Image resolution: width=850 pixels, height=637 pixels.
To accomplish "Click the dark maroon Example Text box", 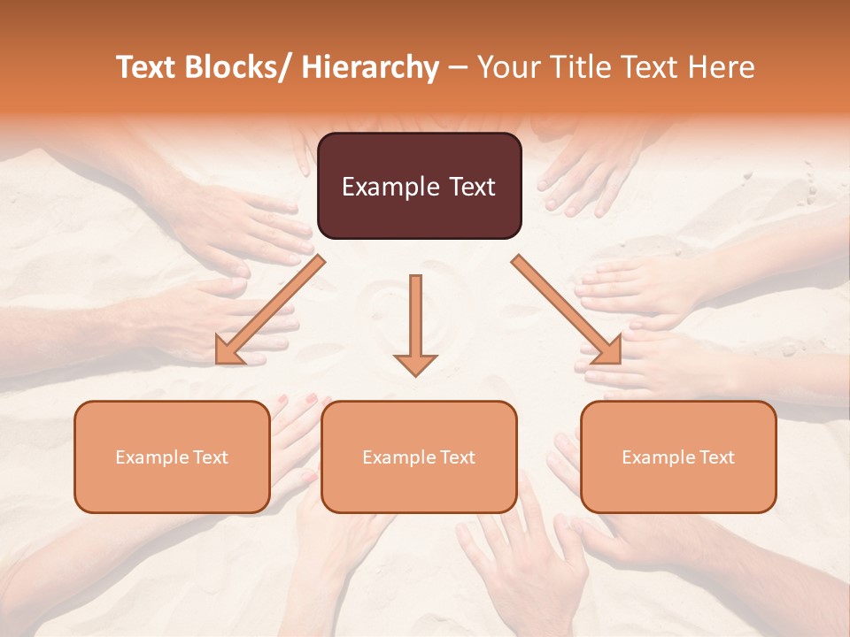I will click(419, 186).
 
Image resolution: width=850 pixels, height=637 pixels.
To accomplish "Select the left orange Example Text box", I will click(172, 457).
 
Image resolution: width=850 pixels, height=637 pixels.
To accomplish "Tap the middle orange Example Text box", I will click(419, 457).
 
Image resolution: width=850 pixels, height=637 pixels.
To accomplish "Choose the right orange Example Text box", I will click(678, 457).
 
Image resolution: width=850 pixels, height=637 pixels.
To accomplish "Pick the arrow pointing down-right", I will click(568, 310).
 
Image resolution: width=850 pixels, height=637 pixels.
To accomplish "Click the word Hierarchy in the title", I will click(370, 68).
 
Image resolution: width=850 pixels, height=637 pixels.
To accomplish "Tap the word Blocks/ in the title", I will click(243, 68).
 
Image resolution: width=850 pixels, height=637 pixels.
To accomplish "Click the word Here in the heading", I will click(720, 68).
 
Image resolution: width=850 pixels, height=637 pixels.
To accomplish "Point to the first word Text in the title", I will click(148, 68).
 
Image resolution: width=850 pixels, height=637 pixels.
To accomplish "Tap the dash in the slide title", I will click(459, 68).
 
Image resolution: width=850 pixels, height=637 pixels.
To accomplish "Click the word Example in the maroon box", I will click(390, 187).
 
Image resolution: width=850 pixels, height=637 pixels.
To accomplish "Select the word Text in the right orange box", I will click(716, 457).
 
